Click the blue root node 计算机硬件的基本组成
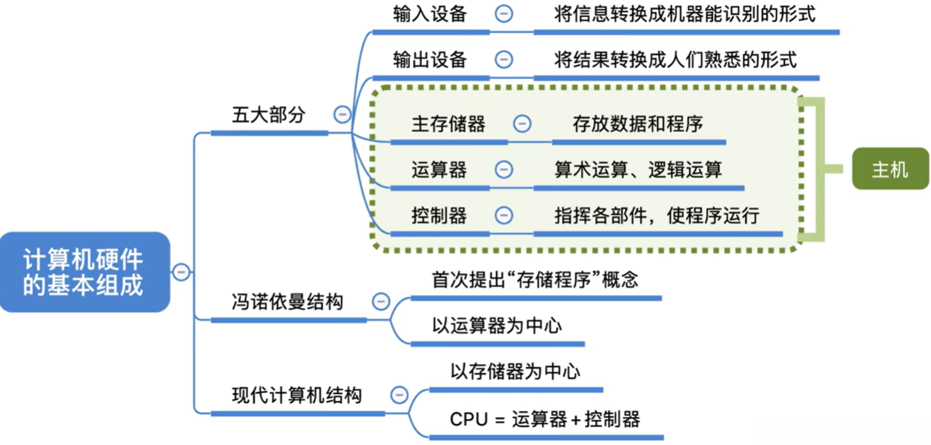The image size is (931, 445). point(84,272)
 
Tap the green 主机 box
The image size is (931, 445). point(890,170)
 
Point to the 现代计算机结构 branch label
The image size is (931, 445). point(296,395)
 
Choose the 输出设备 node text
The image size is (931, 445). point(430,59)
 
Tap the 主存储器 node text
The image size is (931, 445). point(448,124)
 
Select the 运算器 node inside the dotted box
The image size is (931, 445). point(439,170)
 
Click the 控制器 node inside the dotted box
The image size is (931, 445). point(439,216)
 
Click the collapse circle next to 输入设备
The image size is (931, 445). point(504,14)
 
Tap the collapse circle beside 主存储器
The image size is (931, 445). point(522,124)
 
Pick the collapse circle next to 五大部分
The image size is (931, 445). point(343,115)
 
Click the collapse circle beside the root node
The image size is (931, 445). point(181,272)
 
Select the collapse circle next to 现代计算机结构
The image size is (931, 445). point(400,395)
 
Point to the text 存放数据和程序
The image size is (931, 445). point(638,124)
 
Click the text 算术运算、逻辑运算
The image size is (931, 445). point(638,170)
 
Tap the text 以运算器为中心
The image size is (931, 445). point(497,326)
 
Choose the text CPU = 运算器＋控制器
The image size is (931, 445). point(545,419)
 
